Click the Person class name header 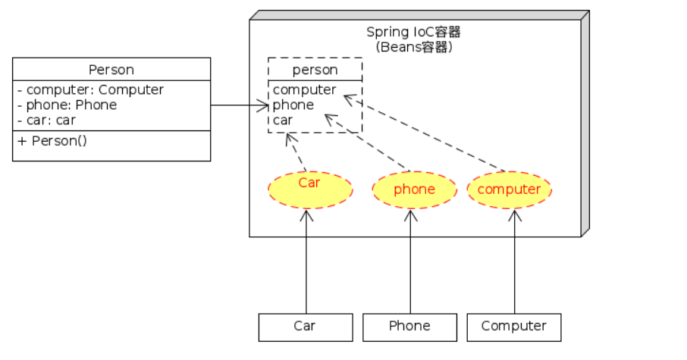pos(111,70)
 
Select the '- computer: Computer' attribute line pos(90,89)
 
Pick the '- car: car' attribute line pos(46,120)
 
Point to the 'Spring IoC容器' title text pos(413,32)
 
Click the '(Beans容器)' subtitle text pos(413,46)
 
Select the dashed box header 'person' pos(315,70)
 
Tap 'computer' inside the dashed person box pos(304,89)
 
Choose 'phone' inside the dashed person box pos(293,105)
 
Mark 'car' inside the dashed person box pos(284,120)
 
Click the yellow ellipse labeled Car pos(309,189)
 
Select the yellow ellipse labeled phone pos(414,189)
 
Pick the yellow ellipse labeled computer pos(509,189)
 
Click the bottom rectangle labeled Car pos(305,327)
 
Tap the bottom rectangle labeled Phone pos(409,327)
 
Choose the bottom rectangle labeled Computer pos(513,327)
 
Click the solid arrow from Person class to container pos(239,105)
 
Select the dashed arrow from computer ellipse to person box pos(425,133)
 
